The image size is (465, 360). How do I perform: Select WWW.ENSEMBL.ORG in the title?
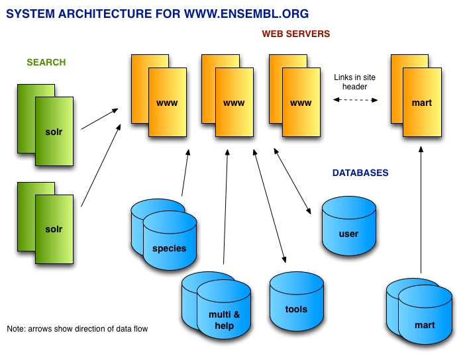click(x=246, y=14)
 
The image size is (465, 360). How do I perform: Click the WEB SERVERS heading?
click(x=295, y=34)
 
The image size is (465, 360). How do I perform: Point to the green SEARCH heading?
click(x=46, y=62)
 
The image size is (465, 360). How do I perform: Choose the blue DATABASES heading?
click(x=360, y=173)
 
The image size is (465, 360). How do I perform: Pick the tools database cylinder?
click(x=297, y=301)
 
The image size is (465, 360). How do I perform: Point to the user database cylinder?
click(x=349, y=226)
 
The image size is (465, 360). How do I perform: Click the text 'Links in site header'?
click(x=354, y=82)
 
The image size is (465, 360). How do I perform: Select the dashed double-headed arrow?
click(x=355, y=100)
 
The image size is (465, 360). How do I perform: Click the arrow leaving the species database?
click(x=185, y=173)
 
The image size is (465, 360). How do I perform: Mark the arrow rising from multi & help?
click(x=225, y=206)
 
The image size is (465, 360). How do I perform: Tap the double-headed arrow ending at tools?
click(x=270, y=206)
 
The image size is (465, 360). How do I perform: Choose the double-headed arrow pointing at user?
click(x=292, y=181)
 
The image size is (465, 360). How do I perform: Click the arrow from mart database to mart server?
click(x=421, y=210)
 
